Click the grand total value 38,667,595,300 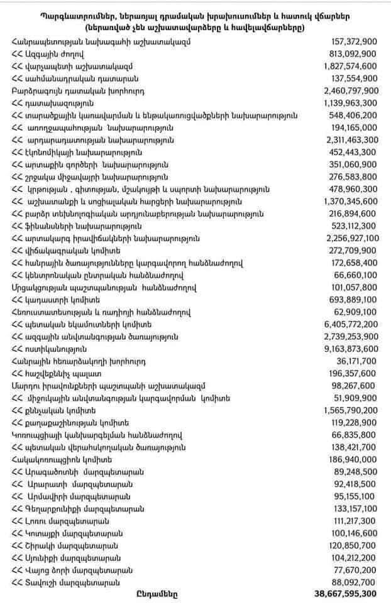pos(345,593)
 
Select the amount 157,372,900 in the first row pos(354,41)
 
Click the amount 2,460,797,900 pos(351,90)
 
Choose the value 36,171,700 pos(357,361)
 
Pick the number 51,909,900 pos(357,398)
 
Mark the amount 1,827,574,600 pos(351,66)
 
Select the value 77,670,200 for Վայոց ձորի pos(357,570)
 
